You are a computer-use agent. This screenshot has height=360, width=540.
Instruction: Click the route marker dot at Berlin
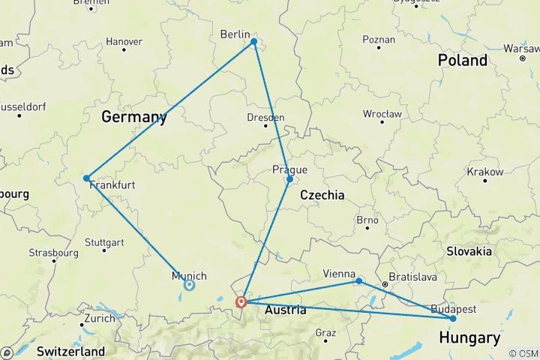tap(253, 42)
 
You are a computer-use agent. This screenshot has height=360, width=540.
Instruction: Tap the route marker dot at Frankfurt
tap(87, 178)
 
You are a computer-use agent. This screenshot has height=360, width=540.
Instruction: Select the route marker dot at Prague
tap(289, 179)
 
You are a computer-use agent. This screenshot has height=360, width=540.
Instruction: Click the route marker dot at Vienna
tap(359, 281)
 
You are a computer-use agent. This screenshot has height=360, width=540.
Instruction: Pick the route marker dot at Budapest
tap(453, 319)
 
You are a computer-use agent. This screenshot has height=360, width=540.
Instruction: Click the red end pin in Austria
tap(241, 302)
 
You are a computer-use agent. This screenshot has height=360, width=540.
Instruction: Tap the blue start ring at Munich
tap(190, 285)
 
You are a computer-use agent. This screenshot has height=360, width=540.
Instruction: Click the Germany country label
tap(133, 117)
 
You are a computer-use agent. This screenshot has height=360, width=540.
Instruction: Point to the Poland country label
tap(463, 60)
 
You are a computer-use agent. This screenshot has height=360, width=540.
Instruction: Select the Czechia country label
tap(322, 195)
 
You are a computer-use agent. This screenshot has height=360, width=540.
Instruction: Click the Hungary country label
tap(470, 338)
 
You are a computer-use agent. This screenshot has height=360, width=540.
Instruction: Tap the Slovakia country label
tap(469, 250)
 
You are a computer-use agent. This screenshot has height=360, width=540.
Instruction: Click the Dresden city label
tap(265, 118)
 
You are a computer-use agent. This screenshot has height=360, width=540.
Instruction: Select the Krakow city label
tap(484, 172)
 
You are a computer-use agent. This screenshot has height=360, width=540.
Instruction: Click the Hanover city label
tap(124, 41)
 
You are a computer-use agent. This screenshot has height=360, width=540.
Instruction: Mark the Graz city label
tap(325, 332)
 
